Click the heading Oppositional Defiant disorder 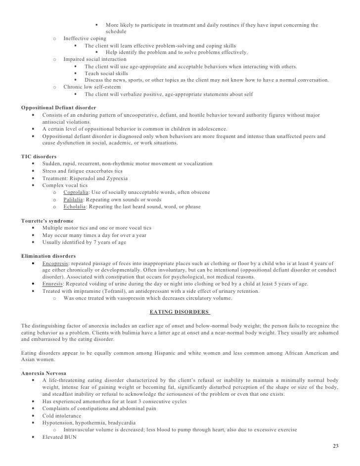pyautogui.click(x=59, y=107)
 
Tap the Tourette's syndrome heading pyautogui.click(x=47, y=221)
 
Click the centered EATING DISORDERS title pyautogui.click(x=180, y=312)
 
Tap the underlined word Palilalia pyautogui.click(x=75, y=199)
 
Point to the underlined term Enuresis pyautogui.click(x=54, y=284)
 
